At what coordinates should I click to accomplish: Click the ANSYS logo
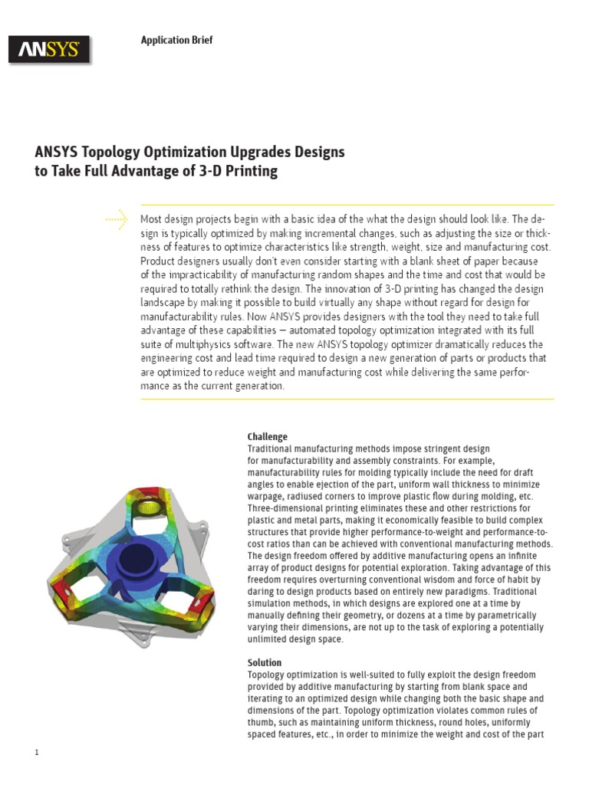[x=49, y=51]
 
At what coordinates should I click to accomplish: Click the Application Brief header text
[x=176, y=40]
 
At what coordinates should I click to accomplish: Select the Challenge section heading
[x=267, y=437]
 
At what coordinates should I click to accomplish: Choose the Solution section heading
[x=264, y=662]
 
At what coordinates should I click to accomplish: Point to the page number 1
[x=36, y=752]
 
